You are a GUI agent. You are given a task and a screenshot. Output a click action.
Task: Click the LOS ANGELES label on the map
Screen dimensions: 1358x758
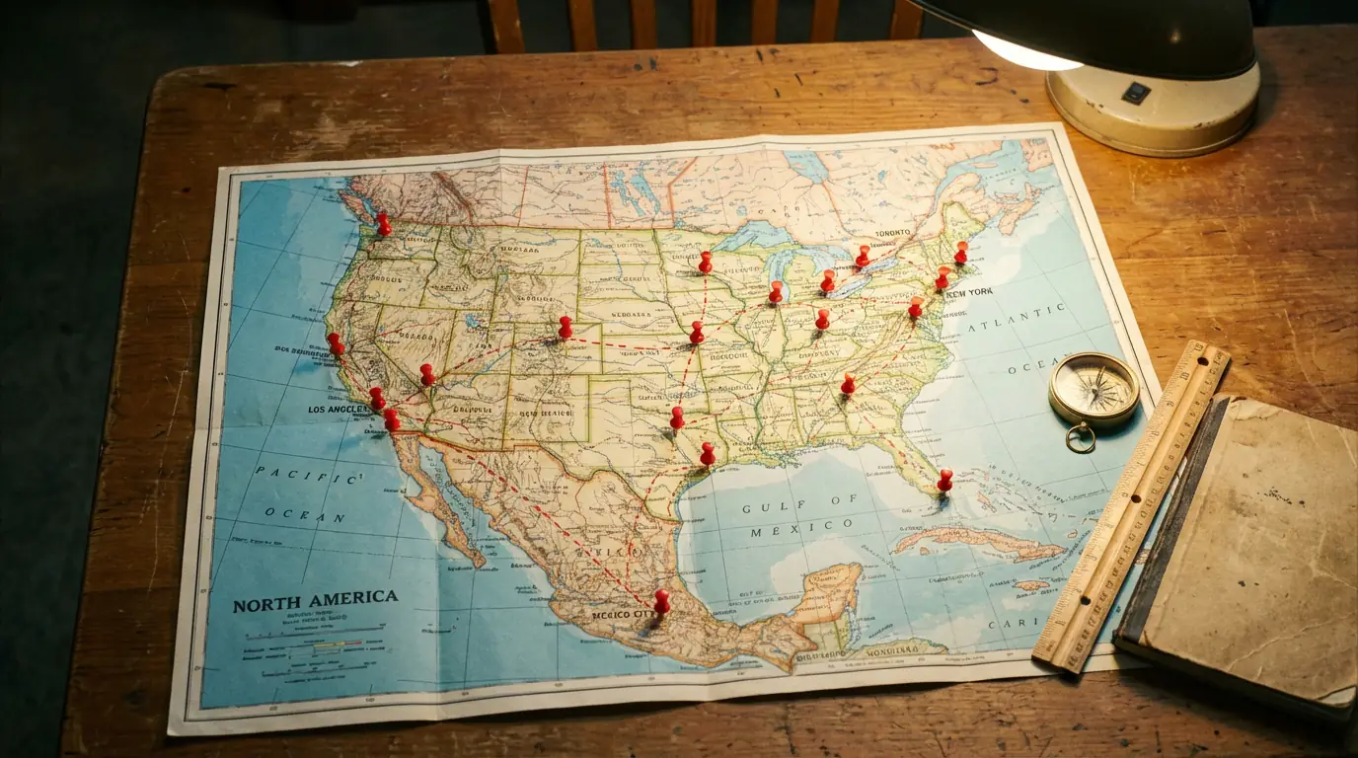(x=339, y=409)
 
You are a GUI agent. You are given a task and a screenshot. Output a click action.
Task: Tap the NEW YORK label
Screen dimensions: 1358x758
(x=971, y=293)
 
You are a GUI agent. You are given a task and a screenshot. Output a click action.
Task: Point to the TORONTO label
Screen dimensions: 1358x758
(x=894, y=234)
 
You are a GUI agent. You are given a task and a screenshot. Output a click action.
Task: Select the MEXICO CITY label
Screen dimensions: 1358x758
(x=624, y=614)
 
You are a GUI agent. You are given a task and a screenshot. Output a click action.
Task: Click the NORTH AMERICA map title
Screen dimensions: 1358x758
(x=315, y=600)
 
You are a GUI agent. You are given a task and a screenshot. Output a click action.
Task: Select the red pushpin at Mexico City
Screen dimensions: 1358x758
(x=661, y=601)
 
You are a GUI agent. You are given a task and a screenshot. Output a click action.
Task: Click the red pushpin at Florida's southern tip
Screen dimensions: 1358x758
(x=944, y=480)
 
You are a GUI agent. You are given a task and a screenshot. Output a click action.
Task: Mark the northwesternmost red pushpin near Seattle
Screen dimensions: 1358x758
(x=383, y=224)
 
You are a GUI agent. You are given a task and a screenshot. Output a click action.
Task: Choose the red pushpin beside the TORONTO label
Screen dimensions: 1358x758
(x=863, y=257)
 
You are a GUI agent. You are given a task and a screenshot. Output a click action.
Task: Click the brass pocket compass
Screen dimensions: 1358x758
(x=1094, y=390)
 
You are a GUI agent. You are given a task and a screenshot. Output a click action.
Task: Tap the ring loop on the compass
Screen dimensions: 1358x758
(x=1080, y=437)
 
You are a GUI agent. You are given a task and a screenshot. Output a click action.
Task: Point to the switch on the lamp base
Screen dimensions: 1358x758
(x=1135, y=93)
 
